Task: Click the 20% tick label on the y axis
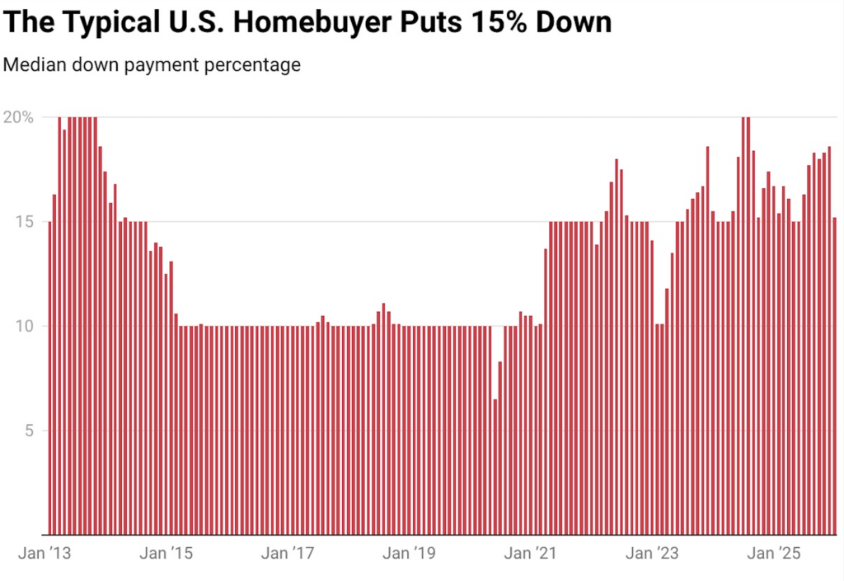click(18, 117)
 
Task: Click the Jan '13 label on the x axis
click(45, 553)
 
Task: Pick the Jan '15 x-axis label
click(167, 553)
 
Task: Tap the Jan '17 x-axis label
click(288, 553)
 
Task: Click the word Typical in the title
click(111, 21)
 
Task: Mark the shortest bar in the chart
click(495, 466)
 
